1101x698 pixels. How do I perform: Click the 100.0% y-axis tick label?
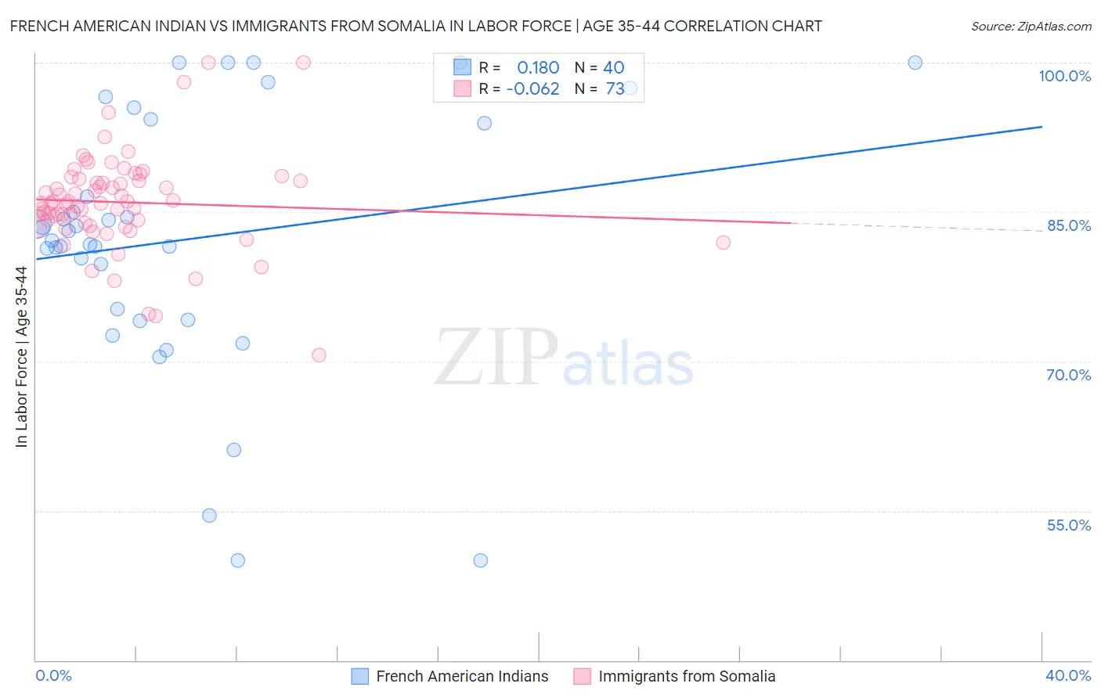click(x=1064, y=76)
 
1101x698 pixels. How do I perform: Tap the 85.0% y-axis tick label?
click(x=1069, y=225)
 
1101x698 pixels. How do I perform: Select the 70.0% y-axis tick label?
click(x=1068, y=375)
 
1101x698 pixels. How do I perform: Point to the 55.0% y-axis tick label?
click(x=1068, y=525)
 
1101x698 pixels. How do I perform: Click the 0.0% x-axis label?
click(x=53, y=675)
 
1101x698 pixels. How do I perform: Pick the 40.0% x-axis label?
click(x=1067, y=675)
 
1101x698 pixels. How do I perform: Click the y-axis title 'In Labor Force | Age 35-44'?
click(x=21, y=357)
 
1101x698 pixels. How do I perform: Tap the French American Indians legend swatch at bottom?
click(x=359, y=677)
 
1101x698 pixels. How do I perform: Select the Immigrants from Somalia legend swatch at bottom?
click(x=582, y=677)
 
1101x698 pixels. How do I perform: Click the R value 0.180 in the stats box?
click(x=538, y=67)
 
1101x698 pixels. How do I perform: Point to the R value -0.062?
click(x=532, y=89)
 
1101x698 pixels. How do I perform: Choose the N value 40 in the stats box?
click(x=613, y=67)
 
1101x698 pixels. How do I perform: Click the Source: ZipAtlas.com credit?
click(x=1031, y=27)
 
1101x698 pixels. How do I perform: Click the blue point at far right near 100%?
click(x=915, y=63)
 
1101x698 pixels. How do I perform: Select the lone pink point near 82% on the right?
click(x=723, y=243)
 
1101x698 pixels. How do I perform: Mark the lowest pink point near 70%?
click(x=319, y=355)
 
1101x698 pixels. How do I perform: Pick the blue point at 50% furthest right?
click(x=480, y=560)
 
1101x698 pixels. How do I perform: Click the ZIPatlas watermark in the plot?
click(x=564, y=358)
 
